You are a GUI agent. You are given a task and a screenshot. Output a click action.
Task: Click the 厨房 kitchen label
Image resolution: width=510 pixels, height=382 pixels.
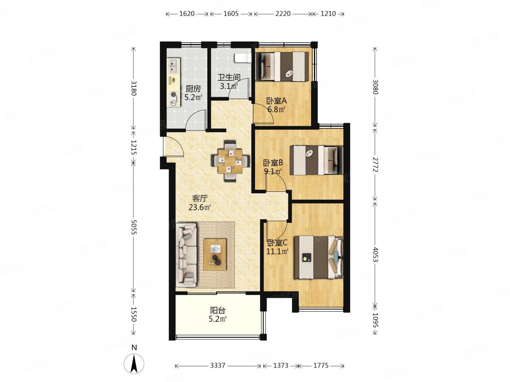(x=193, y=89)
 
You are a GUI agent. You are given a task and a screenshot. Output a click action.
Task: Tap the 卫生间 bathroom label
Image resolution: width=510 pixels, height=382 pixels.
(x=229, y=77)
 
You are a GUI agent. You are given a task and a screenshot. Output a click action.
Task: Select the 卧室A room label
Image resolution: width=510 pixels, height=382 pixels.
(x=276, y=101)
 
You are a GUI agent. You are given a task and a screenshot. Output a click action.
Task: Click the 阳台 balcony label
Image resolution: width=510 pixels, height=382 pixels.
(x=218, y=310)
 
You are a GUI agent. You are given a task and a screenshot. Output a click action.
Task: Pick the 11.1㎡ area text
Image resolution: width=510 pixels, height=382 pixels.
(x=277, y=251)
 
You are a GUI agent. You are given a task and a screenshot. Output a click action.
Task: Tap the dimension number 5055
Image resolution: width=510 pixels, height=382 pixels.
(x=133, y=227)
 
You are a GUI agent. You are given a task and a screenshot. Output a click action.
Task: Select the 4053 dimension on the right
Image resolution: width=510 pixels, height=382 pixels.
(x=375, y=255)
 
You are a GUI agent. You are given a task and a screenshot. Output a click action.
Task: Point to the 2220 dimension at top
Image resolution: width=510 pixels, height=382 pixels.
(x=283, y=14)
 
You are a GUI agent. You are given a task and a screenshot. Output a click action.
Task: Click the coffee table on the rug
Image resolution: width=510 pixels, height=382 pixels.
(x=215, y=254)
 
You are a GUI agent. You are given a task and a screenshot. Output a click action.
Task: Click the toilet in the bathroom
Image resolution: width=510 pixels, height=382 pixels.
(x=242, y=58)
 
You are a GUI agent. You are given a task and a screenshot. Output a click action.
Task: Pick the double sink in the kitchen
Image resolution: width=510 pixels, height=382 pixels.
(x=173, y=65)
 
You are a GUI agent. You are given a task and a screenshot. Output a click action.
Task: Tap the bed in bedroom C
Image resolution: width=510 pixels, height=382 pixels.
(x=319, y=257)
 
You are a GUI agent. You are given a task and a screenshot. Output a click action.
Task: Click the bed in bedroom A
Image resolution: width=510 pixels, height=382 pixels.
(x=282, y=67)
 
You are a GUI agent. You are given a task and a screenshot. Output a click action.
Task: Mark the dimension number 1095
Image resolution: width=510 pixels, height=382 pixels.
(x=375, y=320)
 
